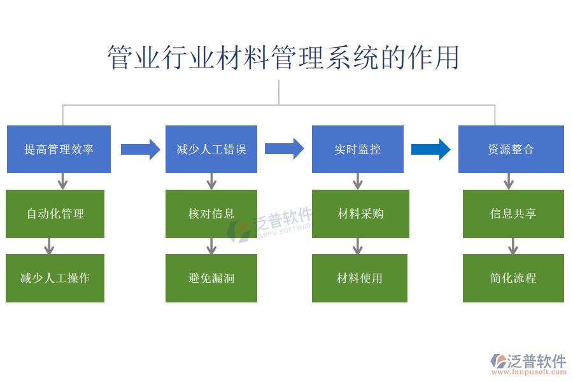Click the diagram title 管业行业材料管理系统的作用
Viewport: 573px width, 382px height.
pos(283,58)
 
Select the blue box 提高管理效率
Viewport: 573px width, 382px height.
pos(59,149)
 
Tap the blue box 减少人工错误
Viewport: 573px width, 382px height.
pos(211,149)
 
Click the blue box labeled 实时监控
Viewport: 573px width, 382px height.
pos(357,149)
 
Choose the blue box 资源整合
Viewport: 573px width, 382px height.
pos(511,149)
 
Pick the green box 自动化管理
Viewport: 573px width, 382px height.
pos(55,214)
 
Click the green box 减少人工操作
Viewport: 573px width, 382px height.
pos(55,278)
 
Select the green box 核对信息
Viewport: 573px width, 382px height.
pos(211,214)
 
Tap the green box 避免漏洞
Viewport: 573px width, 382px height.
pos(211,278)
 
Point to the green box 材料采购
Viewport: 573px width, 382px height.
pos(360,214)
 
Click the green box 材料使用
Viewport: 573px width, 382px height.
pos(360,278)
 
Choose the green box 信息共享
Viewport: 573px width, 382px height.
pos(513,214)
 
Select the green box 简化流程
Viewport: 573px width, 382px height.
pos(513,278)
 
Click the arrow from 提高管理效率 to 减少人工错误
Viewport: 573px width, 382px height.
pos(140,149)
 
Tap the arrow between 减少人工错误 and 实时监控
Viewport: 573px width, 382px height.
pos(284,149)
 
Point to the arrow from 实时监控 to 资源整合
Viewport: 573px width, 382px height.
pos(430,149)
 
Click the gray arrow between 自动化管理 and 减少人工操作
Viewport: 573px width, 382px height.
pos(50,246)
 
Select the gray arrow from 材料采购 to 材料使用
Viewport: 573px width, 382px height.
pos(358,246)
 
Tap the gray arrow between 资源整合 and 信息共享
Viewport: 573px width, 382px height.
pos(508,181)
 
